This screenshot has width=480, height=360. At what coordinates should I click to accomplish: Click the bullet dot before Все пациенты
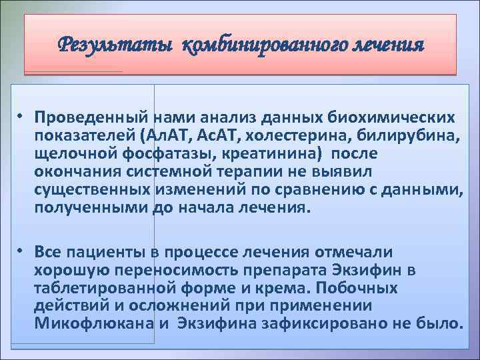click(x=21, y=251)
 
